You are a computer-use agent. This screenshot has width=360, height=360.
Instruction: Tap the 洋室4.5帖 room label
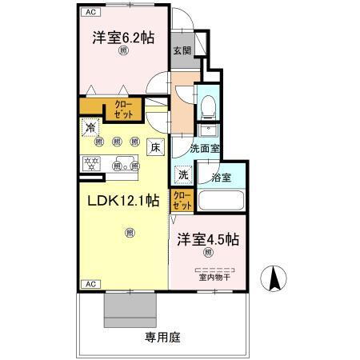[x=209, y=239]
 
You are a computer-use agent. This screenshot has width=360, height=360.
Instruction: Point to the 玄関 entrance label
[x=181, y=50]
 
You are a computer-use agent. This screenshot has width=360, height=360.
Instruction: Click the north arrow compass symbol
[x=274, y=278]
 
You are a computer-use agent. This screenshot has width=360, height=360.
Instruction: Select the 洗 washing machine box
[x=183, y=175]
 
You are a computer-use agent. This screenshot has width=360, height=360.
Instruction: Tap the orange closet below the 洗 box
[x=182, y=200]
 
